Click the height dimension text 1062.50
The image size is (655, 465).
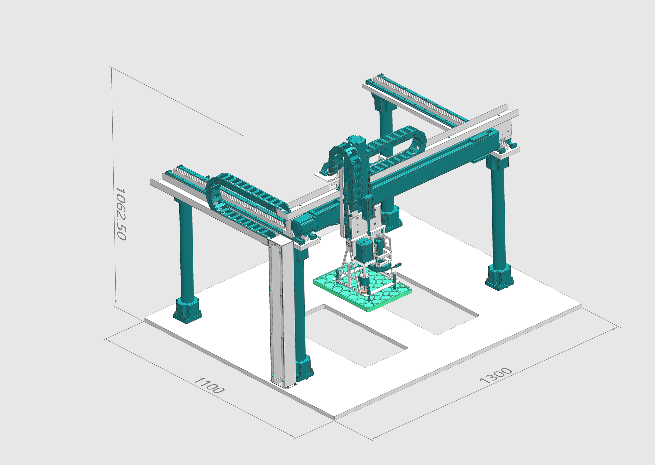[120, 214]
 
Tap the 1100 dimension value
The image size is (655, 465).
[209, 385]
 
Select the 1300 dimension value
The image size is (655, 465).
[495, 375]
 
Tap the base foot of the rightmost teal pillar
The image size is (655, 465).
[499, 278]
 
